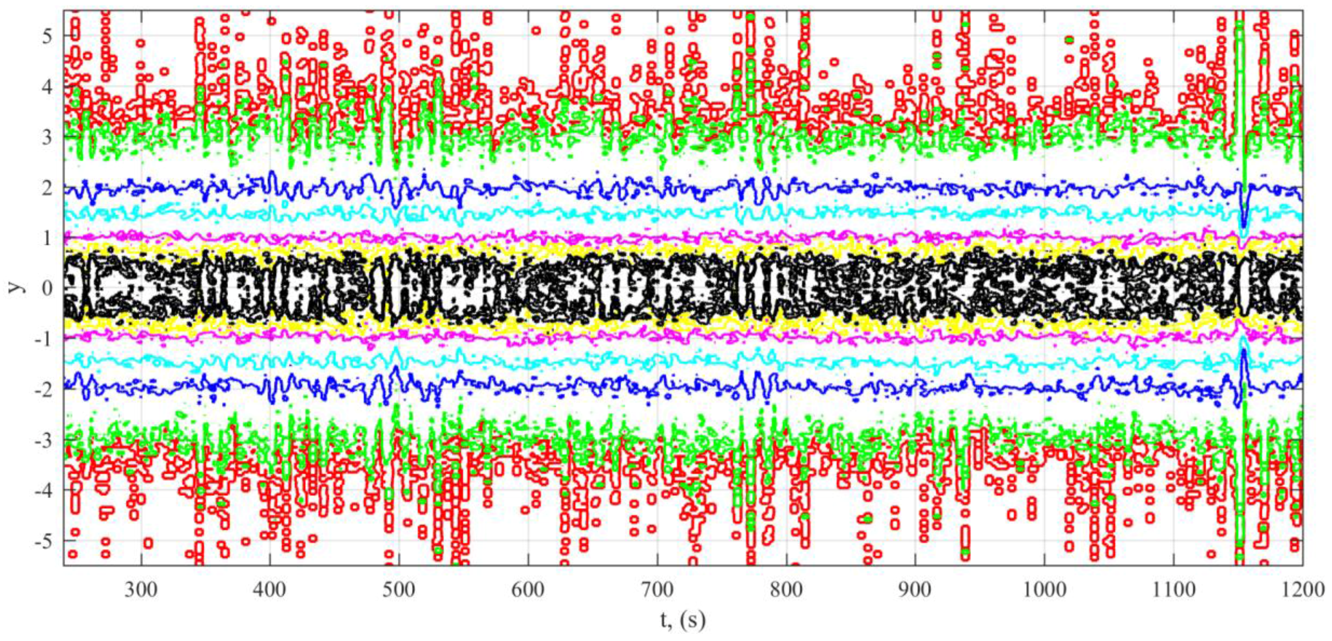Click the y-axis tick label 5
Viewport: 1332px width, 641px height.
tap(47, 36)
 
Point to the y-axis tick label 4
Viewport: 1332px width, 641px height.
tap(47, 86)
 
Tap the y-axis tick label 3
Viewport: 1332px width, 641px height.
tap(47, 137)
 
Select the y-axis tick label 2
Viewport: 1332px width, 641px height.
tap(47, 188)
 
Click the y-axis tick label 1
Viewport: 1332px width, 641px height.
tap(47, 238)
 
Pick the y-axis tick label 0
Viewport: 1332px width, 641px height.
tap(47, 288)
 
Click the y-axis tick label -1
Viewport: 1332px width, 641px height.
tap(43, 339)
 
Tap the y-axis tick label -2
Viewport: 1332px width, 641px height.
tap(43, 389)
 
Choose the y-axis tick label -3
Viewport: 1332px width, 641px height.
tap(43, 440)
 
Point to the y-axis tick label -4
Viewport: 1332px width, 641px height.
tap(43, 490)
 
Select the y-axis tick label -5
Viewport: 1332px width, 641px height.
tap(43, 541)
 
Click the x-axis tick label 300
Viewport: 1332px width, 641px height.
tap(141, 589)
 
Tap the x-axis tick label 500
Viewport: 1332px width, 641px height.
tap(399, 589)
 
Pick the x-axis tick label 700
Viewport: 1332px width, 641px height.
tap(657, 589)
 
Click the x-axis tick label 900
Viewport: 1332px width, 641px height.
tap(915, 589)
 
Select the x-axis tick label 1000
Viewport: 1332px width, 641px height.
tap(1045, 589)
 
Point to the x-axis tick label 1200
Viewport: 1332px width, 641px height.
tap(1303, 589)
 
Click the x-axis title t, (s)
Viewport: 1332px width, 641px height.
tap(683, 619)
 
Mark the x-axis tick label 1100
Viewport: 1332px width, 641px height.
tap(1174, 589)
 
